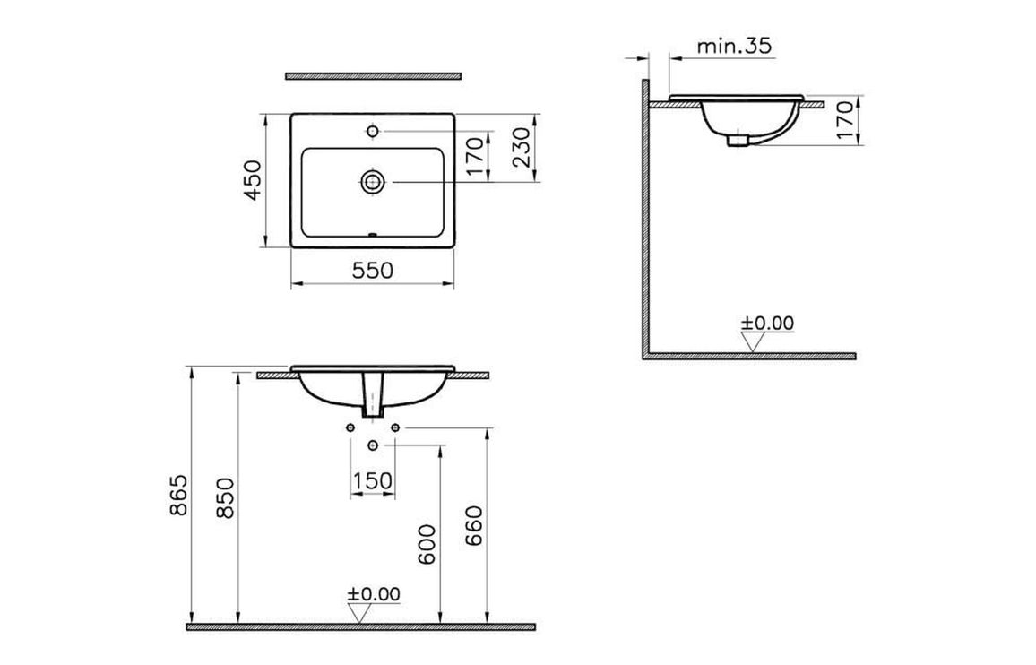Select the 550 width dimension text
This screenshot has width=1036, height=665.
tap(373, 270)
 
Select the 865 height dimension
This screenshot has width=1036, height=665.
tap(177, 497)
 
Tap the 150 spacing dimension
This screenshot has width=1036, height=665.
tap(372, 481)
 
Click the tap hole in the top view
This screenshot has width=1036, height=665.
tap(373, 132)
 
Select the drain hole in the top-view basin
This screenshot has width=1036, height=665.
tap(373, 182)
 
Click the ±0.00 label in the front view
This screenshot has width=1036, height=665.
tap(374, 593)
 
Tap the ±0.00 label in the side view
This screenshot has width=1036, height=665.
tap(767, 324)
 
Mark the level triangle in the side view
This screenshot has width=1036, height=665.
tap(754, 341)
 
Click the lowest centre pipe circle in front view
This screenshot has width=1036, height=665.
tap(373, 445)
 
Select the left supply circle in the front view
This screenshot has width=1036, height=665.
tap(350, 429)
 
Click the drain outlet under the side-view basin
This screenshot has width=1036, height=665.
tap(737, 140)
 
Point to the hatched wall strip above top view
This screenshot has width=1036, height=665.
tap(373, 76)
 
